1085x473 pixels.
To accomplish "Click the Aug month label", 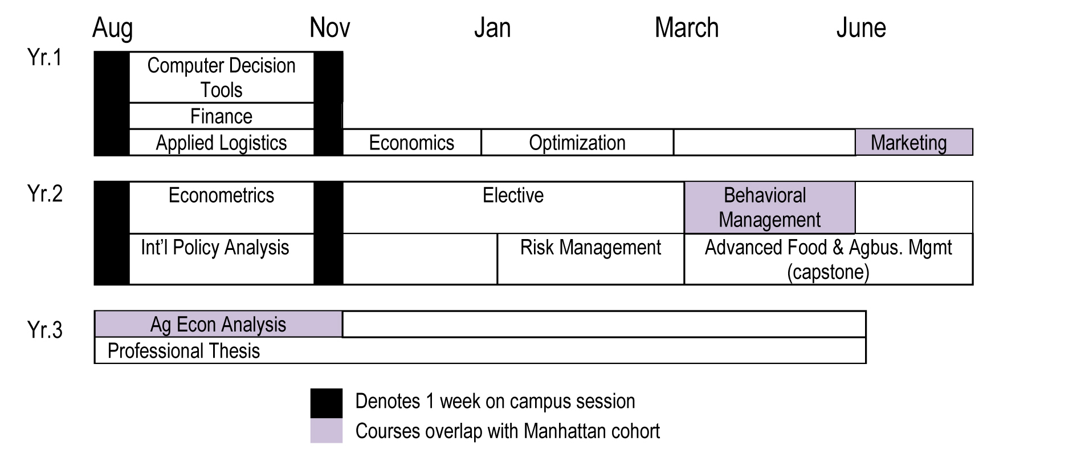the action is [x=112, y=29].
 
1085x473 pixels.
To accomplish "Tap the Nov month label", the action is [x=330, y=28].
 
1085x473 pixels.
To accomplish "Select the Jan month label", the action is [x=492, y=28].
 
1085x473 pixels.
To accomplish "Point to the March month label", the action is [x=687, y=28].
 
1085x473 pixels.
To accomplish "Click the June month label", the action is [x=861, y=28].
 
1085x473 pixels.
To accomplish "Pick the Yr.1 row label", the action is [x=44, y=58].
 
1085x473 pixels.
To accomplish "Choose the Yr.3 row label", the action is [x=44, y=330].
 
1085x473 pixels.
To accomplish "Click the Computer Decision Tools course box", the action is [x=222, y=78].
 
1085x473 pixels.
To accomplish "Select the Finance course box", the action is [x=222, y=116].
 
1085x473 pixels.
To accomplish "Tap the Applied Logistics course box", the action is [x=222, y=143].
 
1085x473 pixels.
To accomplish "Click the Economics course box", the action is [x=412, y=143].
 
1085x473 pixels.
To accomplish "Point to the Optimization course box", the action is [x=577, y=143].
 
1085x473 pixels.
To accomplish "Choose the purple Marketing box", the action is [x=914, y=142].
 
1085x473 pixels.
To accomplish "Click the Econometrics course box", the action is [x=222, y=208].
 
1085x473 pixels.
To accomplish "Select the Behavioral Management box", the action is [x=770, y=208].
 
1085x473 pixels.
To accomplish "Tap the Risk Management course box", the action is [x=591, y=259].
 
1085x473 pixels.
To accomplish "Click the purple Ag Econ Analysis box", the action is [x=218, y=324].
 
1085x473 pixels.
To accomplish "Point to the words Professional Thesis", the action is [x=183, y=351].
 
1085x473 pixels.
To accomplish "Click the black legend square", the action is [x=327, y=403].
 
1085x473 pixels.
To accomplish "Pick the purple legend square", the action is [x=327, y=431].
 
